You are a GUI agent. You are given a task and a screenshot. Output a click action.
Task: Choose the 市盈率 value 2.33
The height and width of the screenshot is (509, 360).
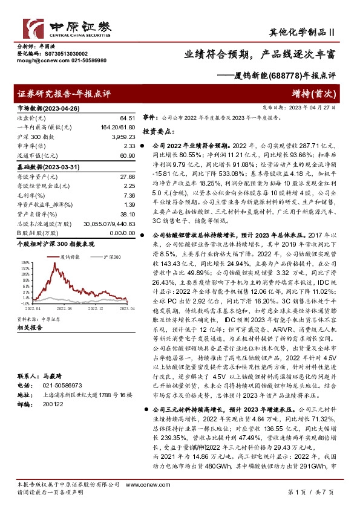coord(128,146)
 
